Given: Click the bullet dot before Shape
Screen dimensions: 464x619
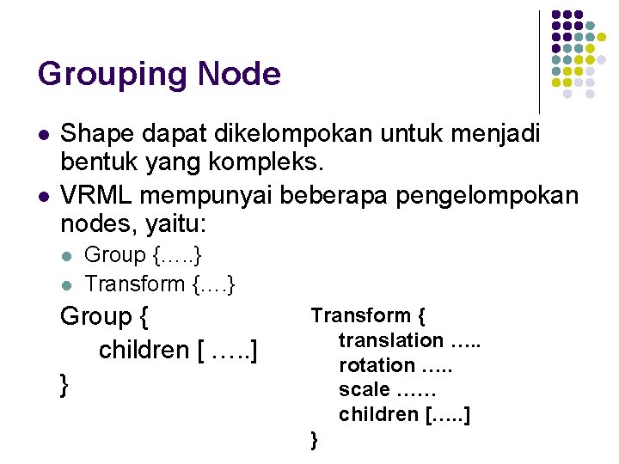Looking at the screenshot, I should click(43, 135).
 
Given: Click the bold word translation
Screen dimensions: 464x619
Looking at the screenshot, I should click(390, 341).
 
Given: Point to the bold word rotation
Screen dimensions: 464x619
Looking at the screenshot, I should click(377, 365).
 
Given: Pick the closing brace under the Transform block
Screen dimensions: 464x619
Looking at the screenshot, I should click(315, 441).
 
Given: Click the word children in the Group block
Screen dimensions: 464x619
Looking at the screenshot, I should click(144, 351).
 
